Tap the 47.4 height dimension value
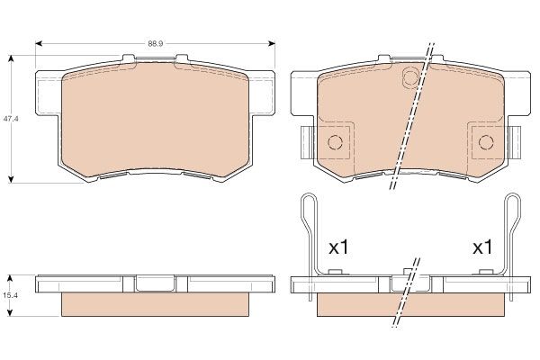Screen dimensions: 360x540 [10, 118]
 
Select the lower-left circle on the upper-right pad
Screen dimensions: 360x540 [336, 141]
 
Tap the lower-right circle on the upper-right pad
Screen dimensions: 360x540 [485, 141]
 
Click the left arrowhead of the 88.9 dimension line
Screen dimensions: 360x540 [39, 42]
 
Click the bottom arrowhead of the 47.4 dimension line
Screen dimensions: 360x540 [10, 179]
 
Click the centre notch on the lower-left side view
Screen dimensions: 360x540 [155, 283]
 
